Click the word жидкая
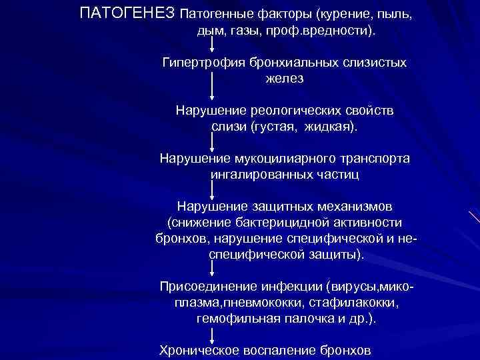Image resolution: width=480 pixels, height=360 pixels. click(329, 127)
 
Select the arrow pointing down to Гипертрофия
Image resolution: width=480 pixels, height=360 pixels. click(213, 45)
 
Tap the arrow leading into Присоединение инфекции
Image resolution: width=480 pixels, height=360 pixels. click(213, 269)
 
